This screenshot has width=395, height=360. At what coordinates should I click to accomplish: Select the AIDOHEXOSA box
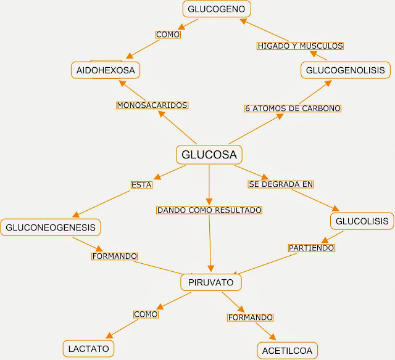106,70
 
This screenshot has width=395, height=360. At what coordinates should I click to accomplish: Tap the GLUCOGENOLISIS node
345,70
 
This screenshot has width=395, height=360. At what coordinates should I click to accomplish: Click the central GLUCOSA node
210,155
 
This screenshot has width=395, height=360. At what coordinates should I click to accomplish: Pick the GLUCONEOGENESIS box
51,227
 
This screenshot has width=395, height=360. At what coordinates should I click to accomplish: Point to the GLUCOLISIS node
362,221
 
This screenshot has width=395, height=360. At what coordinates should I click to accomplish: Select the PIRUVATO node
210,282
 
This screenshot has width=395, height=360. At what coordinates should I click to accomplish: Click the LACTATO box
89,348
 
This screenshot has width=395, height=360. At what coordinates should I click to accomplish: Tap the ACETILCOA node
288,351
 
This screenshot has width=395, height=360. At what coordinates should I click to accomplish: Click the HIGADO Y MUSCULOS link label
300,46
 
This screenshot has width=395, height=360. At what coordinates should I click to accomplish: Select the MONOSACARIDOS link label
152,105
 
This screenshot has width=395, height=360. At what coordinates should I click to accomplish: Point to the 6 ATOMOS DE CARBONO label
293,108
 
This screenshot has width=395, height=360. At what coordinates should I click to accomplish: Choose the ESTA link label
141,184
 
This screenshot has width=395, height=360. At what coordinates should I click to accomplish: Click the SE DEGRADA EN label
281,184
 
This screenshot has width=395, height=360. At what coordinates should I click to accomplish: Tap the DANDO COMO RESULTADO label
209,210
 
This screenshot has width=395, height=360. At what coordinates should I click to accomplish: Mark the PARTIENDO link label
312,248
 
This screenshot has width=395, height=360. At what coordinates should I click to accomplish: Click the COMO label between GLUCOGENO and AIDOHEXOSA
168,35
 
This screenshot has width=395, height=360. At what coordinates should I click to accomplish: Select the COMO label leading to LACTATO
146,314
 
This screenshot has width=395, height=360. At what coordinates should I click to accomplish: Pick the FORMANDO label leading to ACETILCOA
250,317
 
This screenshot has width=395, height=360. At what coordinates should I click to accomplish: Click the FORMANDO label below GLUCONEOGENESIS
114,256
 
